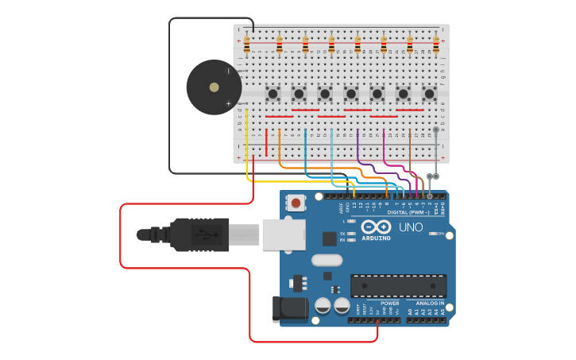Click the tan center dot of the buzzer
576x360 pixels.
[214, 87]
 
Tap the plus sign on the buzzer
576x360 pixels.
[228, 103]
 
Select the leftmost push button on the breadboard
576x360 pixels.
[273, 94]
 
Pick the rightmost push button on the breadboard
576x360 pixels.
[429, 94]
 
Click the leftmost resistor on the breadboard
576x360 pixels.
[247, 45]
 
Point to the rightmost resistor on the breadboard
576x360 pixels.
[435, 45]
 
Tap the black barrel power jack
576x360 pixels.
[289, 309]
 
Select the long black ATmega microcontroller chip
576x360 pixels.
[398, 286]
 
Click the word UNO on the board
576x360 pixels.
[411, 227]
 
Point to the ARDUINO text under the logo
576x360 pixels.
[376, 238]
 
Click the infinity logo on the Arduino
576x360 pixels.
[376, 226]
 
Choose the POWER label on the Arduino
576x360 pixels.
[389, 303]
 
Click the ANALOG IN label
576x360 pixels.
[429, 303]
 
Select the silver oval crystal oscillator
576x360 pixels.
[327, 260]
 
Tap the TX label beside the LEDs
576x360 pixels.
[342, 233]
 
